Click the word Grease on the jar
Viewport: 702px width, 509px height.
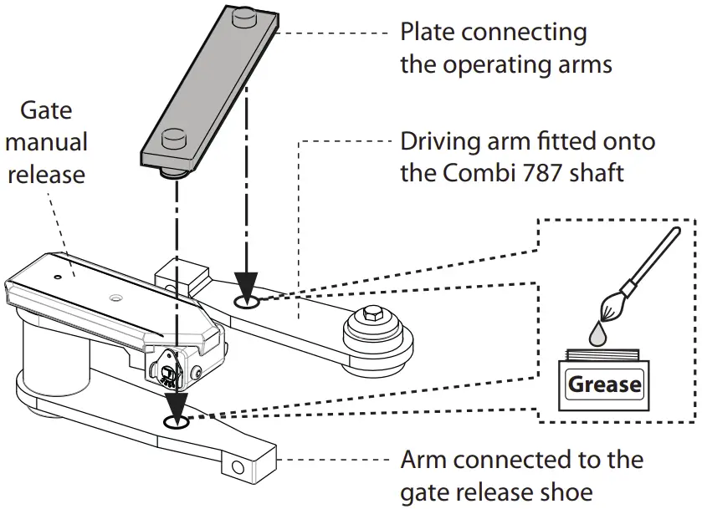coord(605,385)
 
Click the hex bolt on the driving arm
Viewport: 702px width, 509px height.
coord(374,316)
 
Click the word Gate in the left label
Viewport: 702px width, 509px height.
coord(46,110)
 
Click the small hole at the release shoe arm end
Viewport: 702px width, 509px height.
coord(238,466)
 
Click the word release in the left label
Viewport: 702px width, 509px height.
coord(47,175)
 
